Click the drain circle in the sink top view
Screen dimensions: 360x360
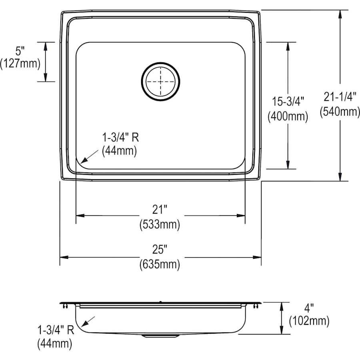[x=160, y=81]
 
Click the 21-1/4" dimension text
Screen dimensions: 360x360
[x=340, y=96]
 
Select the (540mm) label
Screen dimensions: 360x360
[x=340, y=112]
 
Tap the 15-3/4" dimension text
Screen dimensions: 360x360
[x=288, y=100]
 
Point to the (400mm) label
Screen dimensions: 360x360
[x=288, y=116]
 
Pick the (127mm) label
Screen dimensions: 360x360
[x=20, y=63]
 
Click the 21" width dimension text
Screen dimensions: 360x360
[x=160, y=208]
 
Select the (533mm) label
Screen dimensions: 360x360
[x=160, y=224]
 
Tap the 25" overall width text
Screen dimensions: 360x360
[x=160, y=250]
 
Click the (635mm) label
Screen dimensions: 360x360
[x=160, y=264]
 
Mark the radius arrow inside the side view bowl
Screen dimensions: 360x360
[x=89, y=321]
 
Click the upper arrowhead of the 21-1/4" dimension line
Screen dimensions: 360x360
[x=340, y=14]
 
